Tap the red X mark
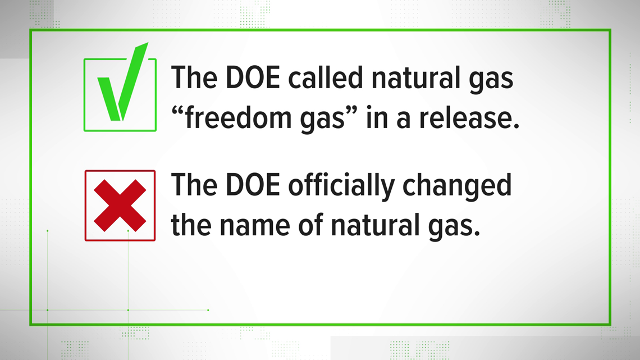tap(120, 206)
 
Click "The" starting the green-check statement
tap(191, 78)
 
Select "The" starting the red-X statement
tap(191, 186)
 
